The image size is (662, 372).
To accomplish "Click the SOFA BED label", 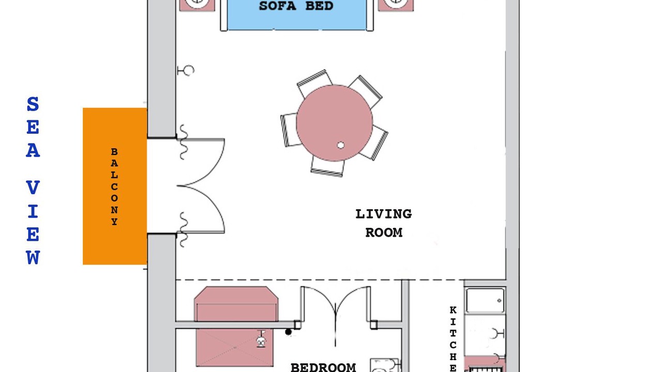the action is click(x=296, y=6).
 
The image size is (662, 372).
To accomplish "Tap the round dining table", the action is click(x=334, y=123).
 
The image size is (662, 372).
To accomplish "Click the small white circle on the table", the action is click(x=340, y=145).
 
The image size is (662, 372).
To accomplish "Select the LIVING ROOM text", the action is click(x=384, y=223).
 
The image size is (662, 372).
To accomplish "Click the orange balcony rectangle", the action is click(x=115, y=186).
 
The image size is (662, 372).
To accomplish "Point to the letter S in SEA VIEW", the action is click(x=33, y=104).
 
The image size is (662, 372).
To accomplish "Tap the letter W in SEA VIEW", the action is click(x=33, y=257).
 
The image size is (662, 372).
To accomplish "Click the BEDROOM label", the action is click(x=323, y=367).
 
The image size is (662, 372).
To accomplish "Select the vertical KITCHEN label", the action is click(x=453, y=339).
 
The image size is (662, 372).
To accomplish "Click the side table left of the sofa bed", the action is click(x=197, y=5).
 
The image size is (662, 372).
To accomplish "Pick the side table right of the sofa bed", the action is click(x=396, y=5).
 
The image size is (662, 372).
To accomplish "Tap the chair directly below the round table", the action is click(x=327, y=167).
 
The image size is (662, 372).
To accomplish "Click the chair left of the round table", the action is click(x=289, y=130).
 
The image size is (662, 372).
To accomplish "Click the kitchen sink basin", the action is click(x=485, y=300).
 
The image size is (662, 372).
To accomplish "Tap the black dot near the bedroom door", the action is click(x=288, y=332).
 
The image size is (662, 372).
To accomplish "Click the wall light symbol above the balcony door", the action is click(x=186, y=71).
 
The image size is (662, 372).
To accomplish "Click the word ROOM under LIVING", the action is click(x=384, y=233).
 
